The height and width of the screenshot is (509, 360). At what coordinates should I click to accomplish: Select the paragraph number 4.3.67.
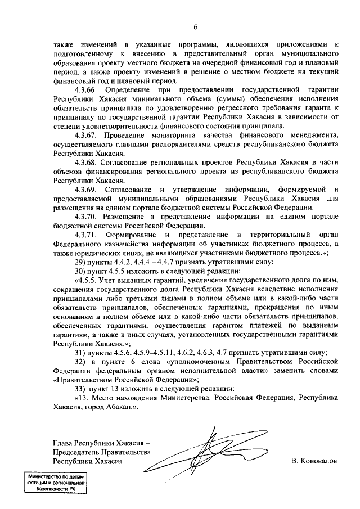[86, 134]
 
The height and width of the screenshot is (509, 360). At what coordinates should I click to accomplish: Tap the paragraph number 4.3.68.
[86, 162]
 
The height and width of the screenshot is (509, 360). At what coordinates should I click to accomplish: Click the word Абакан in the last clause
[119, 408]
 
